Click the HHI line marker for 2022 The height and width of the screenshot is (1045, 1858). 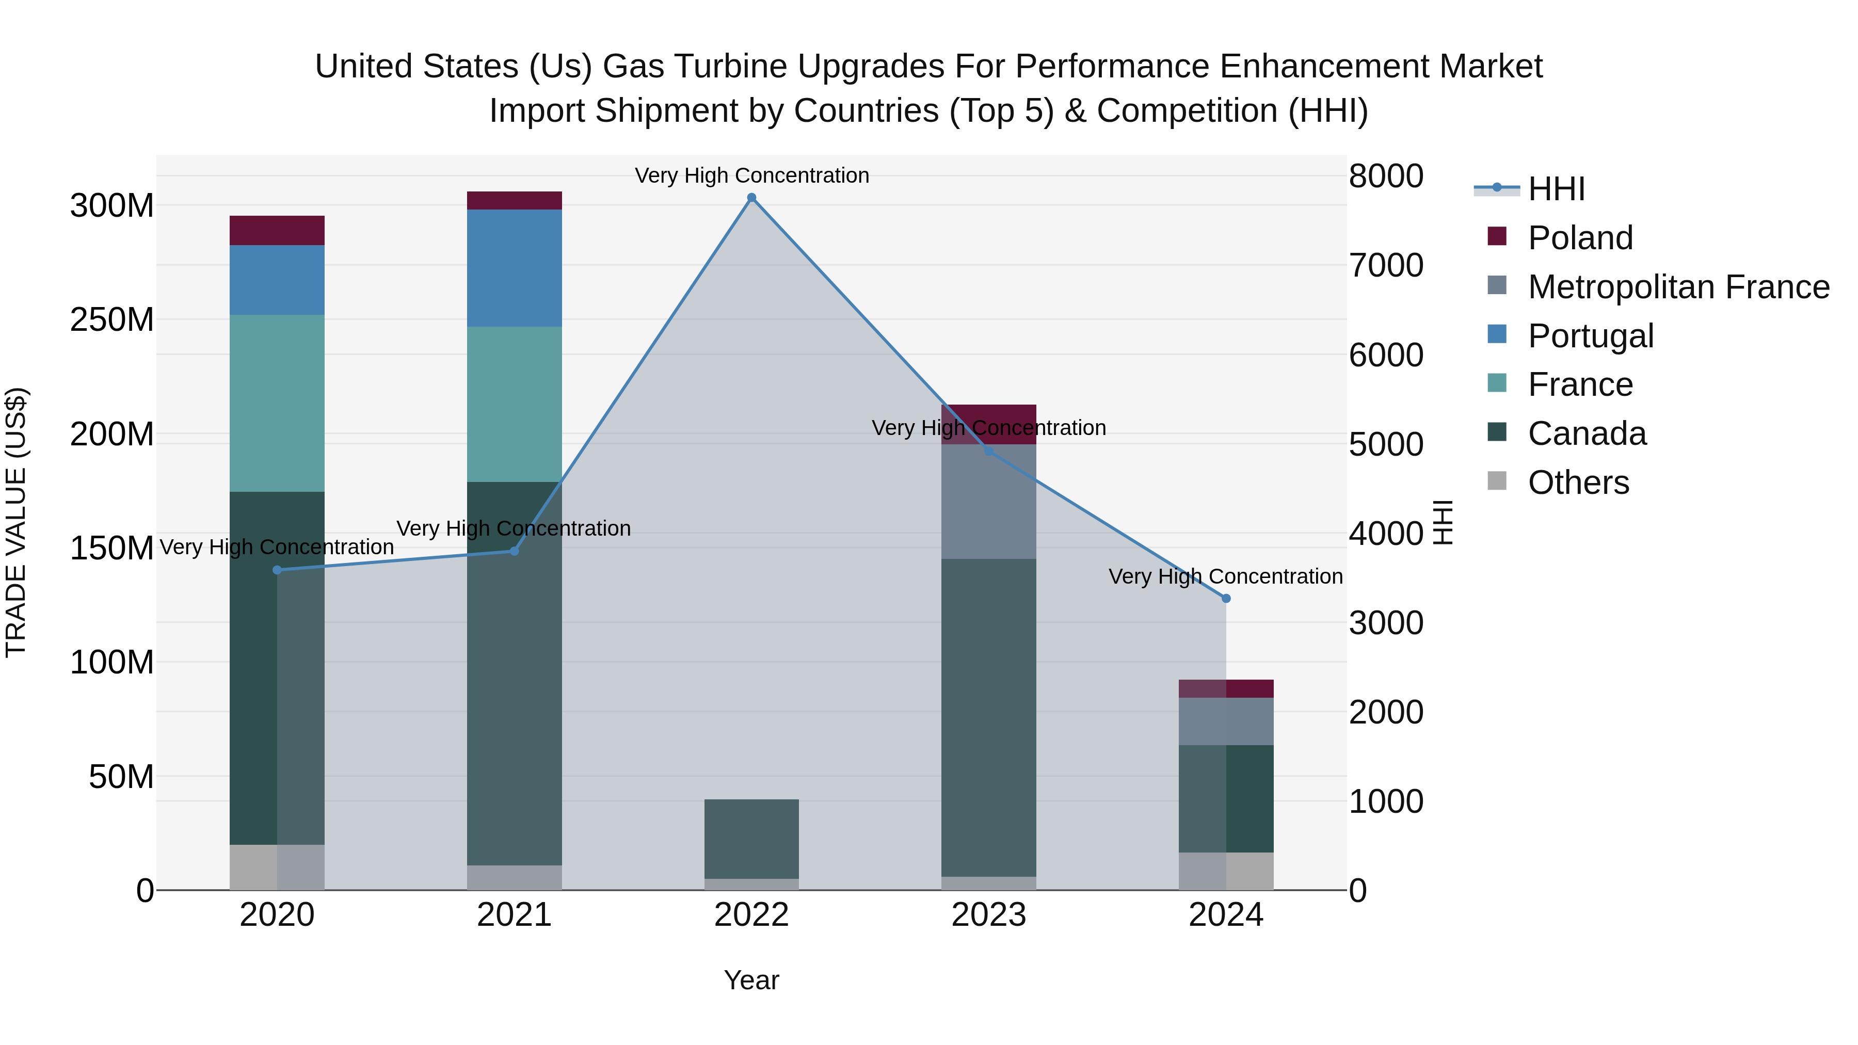pos(751,198)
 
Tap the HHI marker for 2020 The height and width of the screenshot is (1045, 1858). pos(277,570)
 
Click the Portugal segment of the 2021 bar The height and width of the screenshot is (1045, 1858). pos(514,268)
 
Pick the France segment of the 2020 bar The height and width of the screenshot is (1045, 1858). pos(277,404)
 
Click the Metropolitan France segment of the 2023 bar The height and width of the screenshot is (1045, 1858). pos(989,502)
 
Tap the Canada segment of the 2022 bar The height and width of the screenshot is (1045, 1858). pos(751,839)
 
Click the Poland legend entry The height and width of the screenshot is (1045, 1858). pos(1580,238)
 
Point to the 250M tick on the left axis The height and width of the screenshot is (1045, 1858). pos(112,319)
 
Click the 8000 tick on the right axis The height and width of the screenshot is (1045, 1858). pos(1386,176)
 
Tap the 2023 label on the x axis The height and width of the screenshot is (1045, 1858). pos(989,915)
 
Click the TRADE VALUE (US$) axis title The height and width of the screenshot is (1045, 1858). pos(16,522)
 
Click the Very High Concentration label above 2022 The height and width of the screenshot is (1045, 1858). pos(751,175)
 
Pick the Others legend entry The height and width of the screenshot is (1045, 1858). pos(1578,483)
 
